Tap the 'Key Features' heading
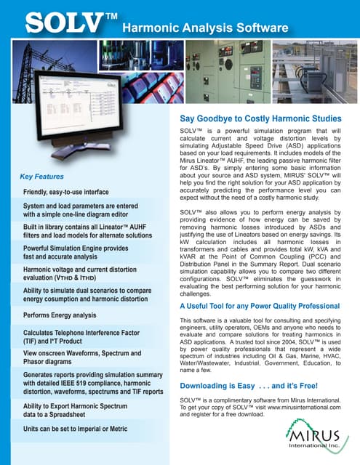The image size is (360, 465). [41, 177]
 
